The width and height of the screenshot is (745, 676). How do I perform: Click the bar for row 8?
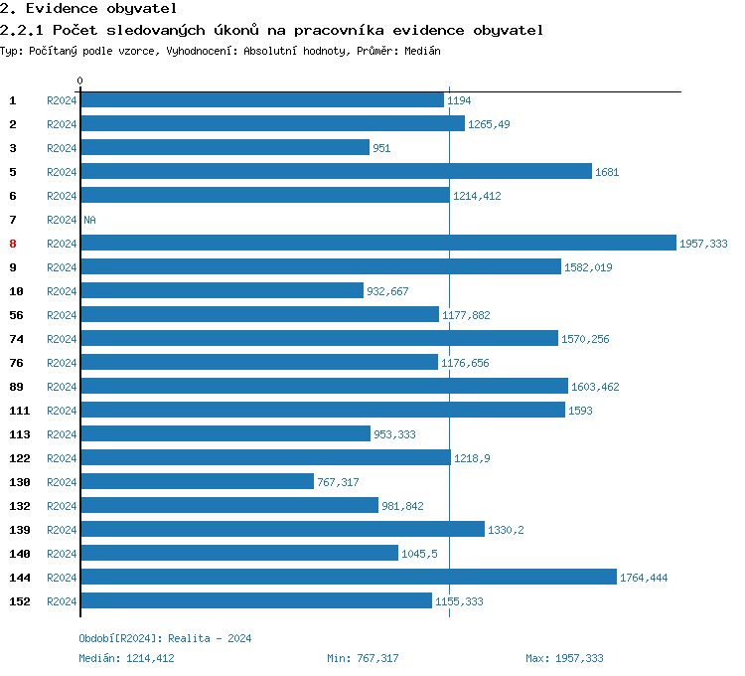377,244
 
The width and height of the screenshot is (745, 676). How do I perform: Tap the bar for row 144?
348,578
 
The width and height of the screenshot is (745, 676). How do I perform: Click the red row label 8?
13,244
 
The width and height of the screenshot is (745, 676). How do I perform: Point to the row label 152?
20,601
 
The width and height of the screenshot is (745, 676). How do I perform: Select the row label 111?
20,411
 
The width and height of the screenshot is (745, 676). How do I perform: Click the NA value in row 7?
89,220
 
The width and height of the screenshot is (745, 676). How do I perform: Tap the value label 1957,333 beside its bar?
703,244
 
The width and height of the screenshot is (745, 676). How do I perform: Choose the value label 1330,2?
506,530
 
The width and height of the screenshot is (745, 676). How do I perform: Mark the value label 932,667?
387,291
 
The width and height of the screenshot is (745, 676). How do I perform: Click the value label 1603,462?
595,387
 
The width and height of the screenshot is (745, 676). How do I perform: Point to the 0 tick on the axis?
80,81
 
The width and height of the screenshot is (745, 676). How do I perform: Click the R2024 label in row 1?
62,100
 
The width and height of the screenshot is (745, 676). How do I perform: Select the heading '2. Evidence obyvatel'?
88,9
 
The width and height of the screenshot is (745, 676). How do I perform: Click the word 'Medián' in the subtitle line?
422,50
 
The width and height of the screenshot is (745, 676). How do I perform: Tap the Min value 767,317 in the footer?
377,658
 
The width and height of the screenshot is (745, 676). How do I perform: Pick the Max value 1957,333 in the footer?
579,658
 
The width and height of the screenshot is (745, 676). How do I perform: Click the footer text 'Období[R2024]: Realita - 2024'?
165,638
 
